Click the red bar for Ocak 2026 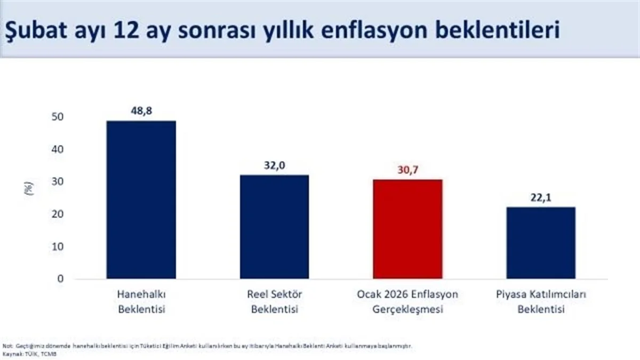tap(407, 229)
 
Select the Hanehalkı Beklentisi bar tap(141, 199)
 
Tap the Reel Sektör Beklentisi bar tap(274, 227)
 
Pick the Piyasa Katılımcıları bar tap(541, 243)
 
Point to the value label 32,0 tap(274, 165)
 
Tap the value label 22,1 tap(541, 197)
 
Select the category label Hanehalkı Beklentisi tap(141, 301)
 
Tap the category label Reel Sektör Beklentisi tap(274, 301)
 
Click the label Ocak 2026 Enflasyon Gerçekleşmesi tap(407, 301)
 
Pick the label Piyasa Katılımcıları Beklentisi tap(541, 301)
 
